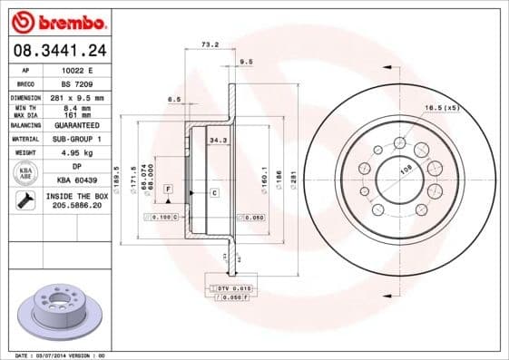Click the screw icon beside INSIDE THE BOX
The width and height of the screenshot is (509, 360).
[x=25, y=201]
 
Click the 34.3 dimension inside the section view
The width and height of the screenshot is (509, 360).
[x=217, y=141]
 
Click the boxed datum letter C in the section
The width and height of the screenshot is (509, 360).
[x=214, y=193]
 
